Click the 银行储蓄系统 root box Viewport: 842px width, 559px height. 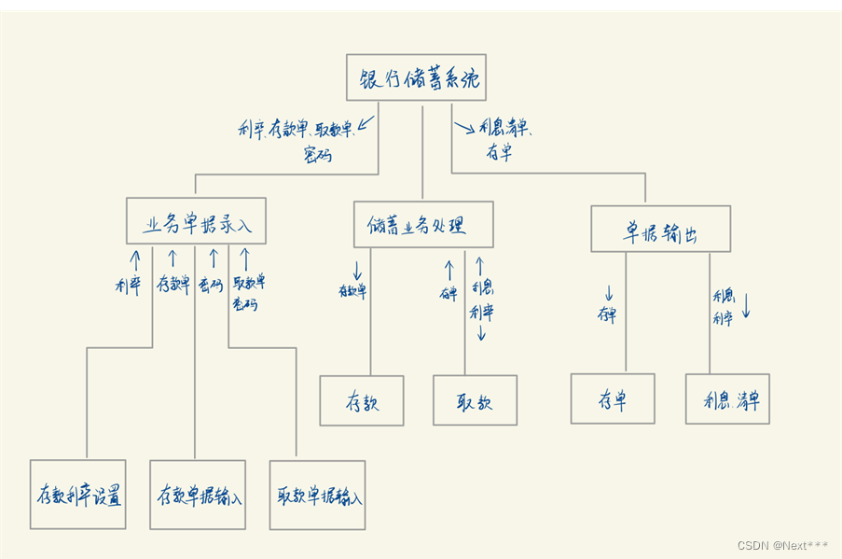[416, 77]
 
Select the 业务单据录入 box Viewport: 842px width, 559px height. [196, 222]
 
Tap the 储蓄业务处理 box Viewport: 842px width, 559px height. [423, 225]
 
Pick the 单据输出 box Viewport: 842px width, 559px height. [660, 230]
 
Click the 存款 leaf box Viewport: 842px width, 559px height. [362, 401]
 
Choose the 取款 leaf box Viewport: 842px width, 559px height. [475, 400]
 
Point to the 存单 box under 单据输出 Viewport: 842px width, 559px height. [613, 398]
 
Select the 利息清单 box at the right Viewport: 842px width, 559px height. [727, 399]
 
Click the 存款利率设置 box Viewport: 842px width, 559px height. [77, 495]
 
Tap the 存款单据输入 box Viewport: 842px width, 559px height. [197, 495]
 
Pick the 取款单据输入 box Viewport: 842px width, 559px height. [317, 495]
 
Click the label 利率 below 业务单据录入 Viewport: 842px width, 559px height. [128, 285]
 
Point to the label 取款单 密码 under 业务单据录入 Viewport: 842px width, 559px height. [248, 292]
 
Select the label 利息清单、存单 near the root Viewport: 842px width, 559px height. [508, 139]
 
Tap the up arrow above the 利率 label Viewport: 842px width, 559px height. [135, 259]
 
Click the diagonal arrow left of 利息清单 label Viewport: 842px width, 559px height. [464, 126]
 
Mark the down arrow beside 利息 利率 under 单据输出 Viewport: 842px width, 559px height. [746, 307]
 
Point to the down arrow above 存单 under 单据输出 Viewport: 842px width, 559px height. [608, 293]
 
